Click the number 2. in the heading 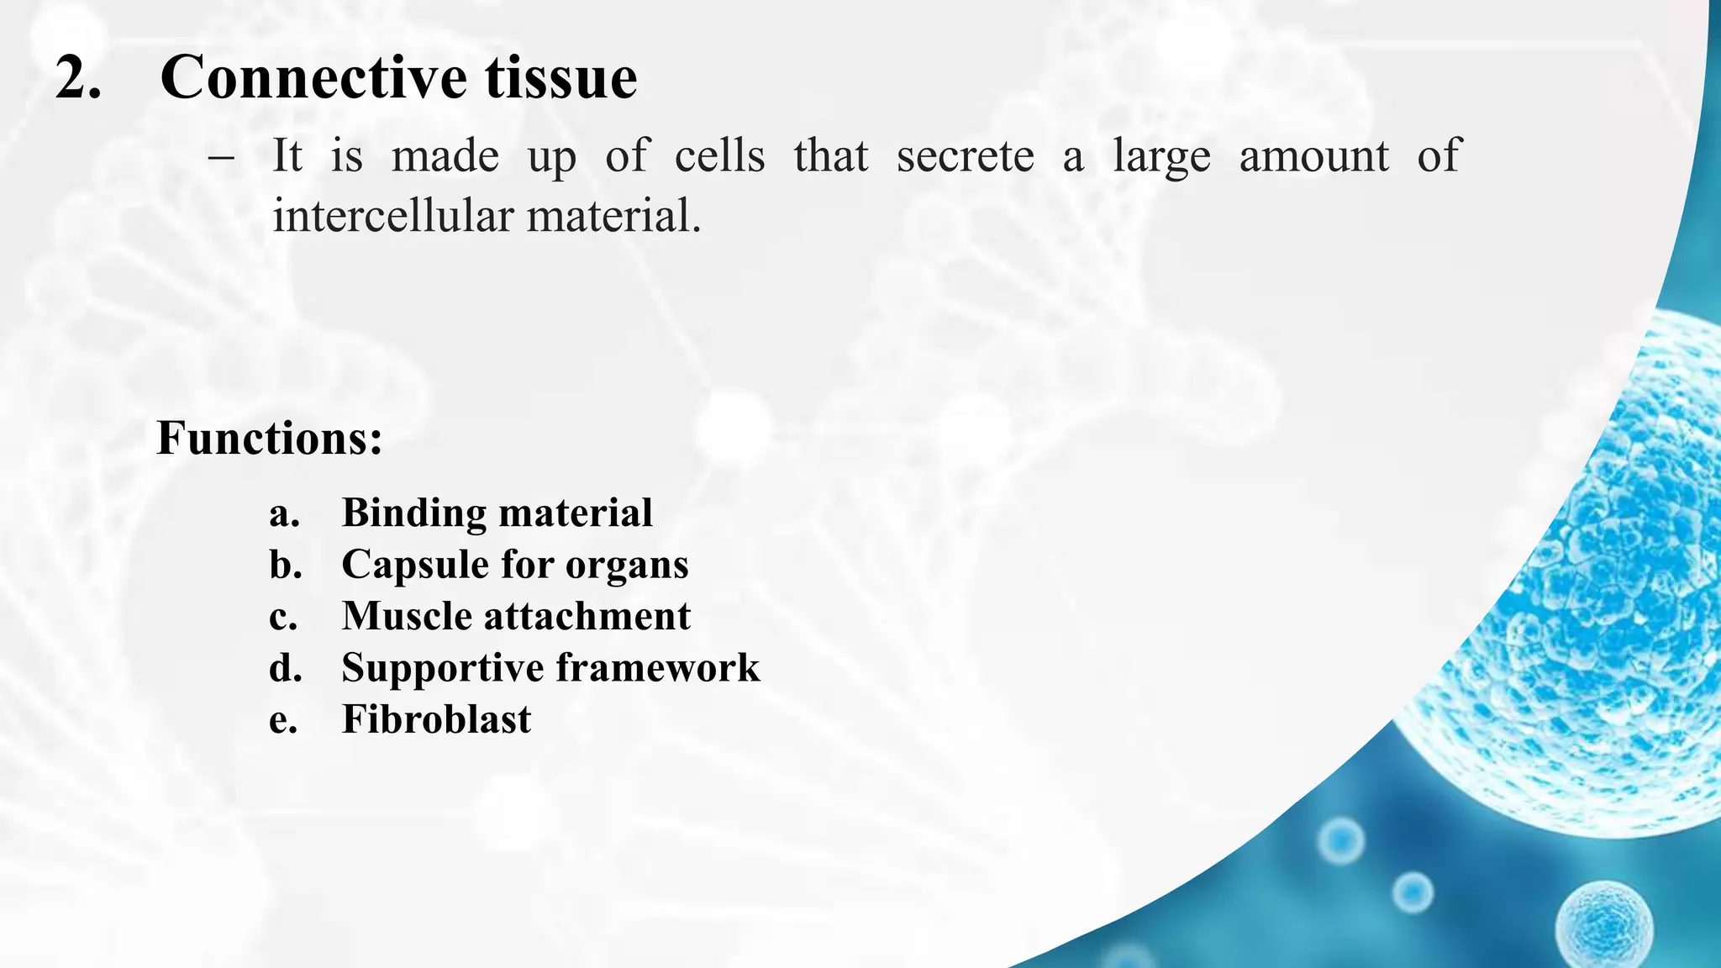78,78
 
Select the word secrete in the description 965,157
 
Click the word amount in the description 1313,157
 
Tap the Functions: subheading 269,439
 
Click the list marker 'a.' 285,513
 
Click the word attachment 587,616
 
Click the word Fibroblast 436,719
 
